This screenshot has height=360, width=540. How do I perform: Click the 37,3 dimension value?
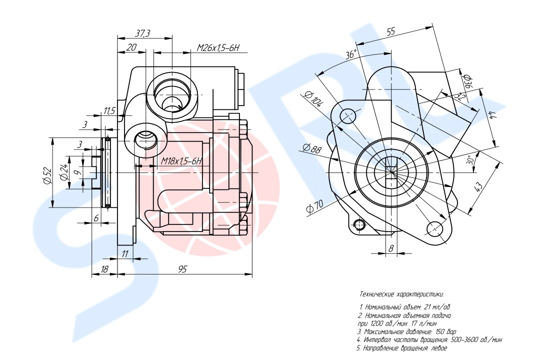143,33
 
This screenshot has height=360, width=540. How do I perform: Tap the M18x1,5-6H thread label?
181,161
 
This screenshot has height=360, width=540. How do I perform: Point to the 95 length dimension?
182,269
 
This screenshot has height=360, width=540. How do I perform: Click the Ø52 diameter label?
47,175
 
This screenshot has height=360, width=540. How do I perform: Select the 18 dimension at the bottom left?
104,269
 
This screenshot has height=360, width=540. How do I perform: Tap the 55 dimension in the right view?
390,31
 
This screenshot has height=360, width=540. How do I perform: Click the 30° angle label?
469,161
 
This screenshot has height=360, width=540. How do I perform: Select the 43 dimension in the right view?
478,188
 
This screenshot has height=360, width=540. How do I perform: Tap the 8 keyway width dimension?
391,247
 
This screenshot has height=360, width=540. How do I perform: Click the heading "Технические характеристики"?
401,294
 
